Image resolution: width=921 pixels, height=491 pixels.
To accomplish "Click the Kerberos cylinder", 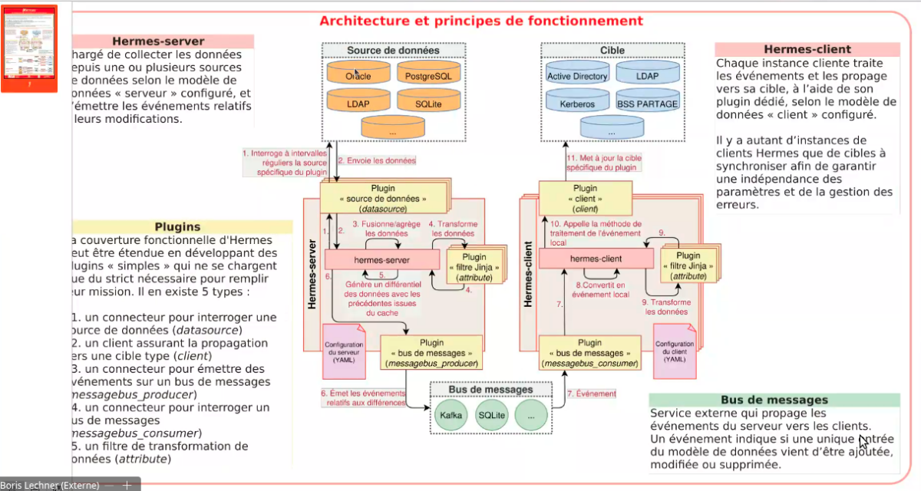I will pyautogui.click(x=577, y=102).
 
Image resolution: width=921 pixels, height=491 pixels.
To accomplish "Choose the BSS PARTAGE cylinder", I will pyautogui.click(x=647, y=102).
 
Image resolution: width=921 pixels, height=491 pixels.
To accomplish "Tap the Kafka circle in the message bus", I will pyautogui.click(x=448, y=415).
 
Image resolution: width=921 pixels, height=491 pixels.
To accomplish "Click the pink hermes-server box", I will pyautogui.click(x=381, y=259).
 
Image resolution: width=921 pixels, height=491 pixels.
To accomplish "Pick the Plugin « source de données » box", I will pyautogui.click(x=383, y=198).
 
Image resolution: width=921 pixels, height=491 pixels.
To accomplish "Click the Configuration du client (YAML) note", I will pyautogui.click(x=675, y=351).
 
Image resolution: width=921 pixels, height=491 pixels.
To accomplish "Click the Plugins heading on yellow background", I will pyautogui.click(x=177, y=226).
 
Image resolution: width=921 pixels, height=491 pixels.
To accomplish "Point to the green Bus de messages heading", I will pyautogui.click(x=774, y=400).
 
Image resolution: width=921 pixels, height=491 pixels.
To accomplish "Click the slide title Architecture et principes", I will pyautogui.click(x=481, y=21).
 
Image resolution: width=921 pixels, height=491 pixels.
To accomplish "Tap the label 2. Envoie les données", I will pyautogui.click(x=377, y=161).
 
